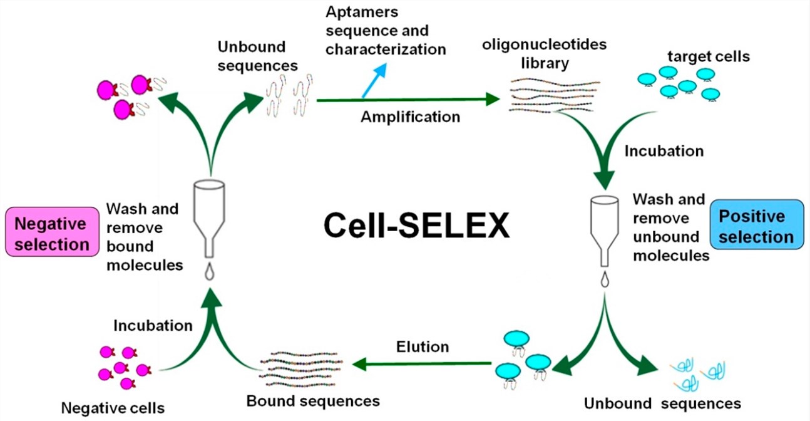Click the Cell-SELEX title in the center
pos(416,226)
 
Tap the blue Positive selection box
pos(756,227)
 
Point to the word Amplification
pos(410,117)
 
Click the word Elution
pos(422,346)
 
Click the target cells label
pos(708,57)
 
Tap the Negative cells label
pos(113,408)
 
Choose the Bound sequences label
pos(313,400)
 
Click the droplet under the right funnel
pos(605,281)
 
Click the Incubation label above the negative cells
pos(153,325)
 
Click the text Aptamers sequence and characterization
pos(386,31)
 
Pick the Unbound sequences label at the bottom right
pos(662,403)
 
